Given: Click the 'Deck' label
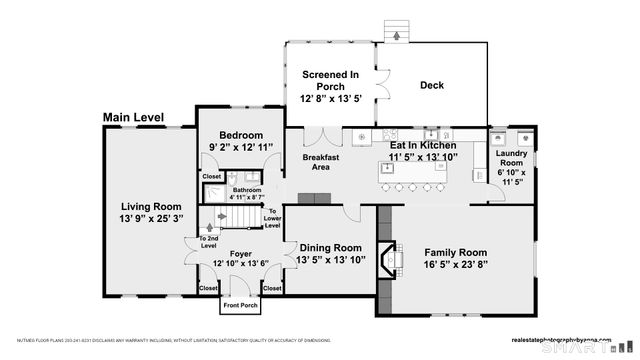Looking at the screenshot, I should coord(431,86).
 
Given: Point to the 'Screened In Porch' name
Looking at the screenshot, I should coord(330,80).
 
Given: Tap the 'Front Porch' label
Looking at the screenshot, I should coord(240,305).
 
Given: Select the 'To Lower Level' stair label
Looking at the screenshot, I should coord(271,218).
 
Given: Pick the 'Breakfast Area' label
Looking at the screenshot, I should coord(321,162).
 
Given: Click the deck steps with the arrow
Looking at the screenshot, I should coord(398,30).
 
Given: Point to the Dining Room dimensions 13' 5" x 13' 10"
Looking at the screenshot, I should coord(330,261).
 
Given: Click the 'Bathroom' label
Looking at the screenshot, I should coord(246,190).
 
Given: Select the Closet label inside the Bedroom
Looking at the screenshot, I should coord(212,177).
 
